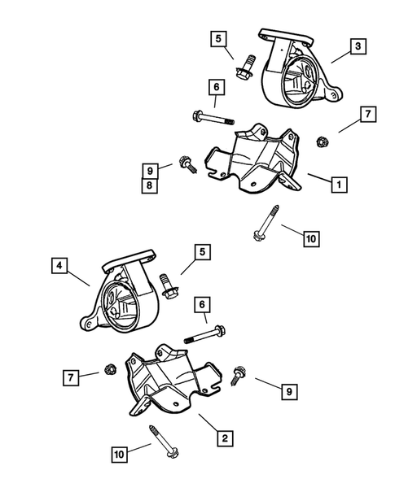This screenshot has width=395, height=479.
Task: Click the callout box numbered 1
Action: coord(336,185)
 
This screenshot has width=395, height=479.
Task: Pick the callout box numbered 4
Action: coord(59,265)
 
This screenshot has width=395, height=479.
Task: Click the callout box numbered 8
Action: coord(150,185)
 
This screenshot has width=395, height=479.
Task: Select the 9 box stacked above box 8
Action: coord(150,171)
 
